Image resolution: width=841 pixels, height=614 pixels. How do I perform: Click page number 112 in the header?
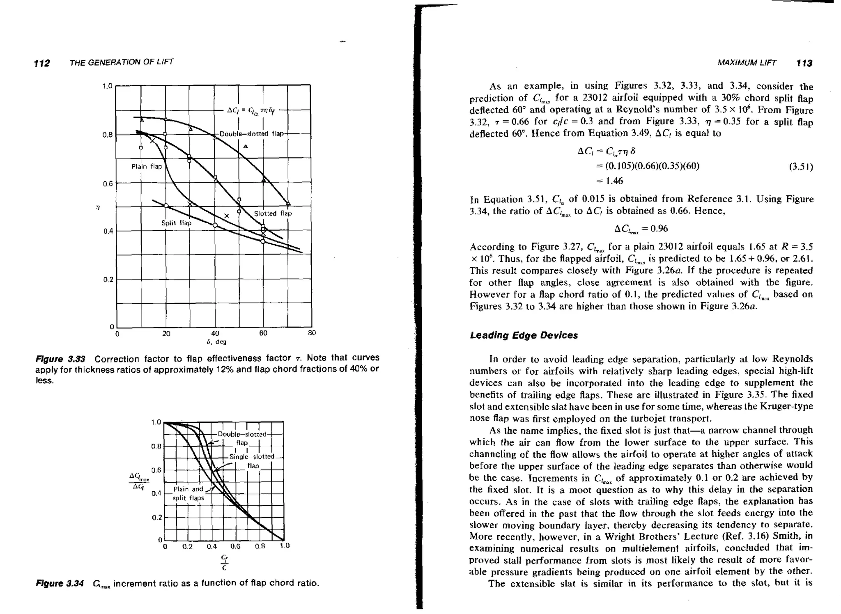pyautogui.click(x=42, y=63)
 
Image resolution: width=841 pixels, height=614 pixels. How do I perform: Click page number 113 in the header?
pyautogui.click(x=804, y=63)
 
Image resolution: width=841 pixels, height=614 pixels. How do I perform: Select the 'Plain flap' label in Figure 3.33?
pyautogui.click(x=147, y=166)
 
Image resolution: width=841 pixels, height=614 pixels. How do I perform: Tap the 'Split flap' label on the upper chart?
pyautogui.click(x=176, y=223)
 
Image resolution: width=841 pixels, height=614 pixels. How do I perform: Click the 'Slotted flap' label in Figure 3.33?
pyautogui.click(x=273, y=213)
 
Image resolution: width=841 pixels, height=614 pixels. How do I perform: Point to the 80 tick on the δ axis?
pyautogui.click(x=312, y=333)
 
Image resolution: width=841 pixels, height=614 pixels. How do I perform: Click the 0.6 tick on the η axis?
pyautogui.click(x=107, y=183)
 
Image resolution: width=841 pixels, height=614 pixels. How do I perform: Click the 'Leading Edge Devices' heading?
pyautogui.click(x=524, y=335)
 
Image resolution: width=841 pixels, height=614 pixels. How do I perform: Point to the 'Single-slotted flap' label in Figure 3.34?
pyautogui.click(x=252, y=461)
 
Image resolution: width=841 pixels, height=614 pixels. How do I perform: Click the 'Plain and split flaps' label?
pyautogui.click(x=188, y=493)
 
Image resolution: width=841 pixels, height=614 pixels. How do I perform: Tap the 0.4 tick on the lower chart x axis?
pyautogui.click(x=211, y=546)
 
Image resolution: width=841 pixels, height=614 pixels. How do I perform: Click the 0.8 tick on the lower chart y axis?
pyautogui.click(x=156, y=446)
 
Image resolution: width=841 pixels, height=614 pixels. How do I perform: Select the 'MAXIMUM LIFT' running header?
pyautogui.click(x=747, y=63)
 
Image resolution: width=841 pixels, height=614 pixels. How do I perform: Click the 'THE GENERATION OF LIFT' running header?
pyautogui.click(x=122, y=62)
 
